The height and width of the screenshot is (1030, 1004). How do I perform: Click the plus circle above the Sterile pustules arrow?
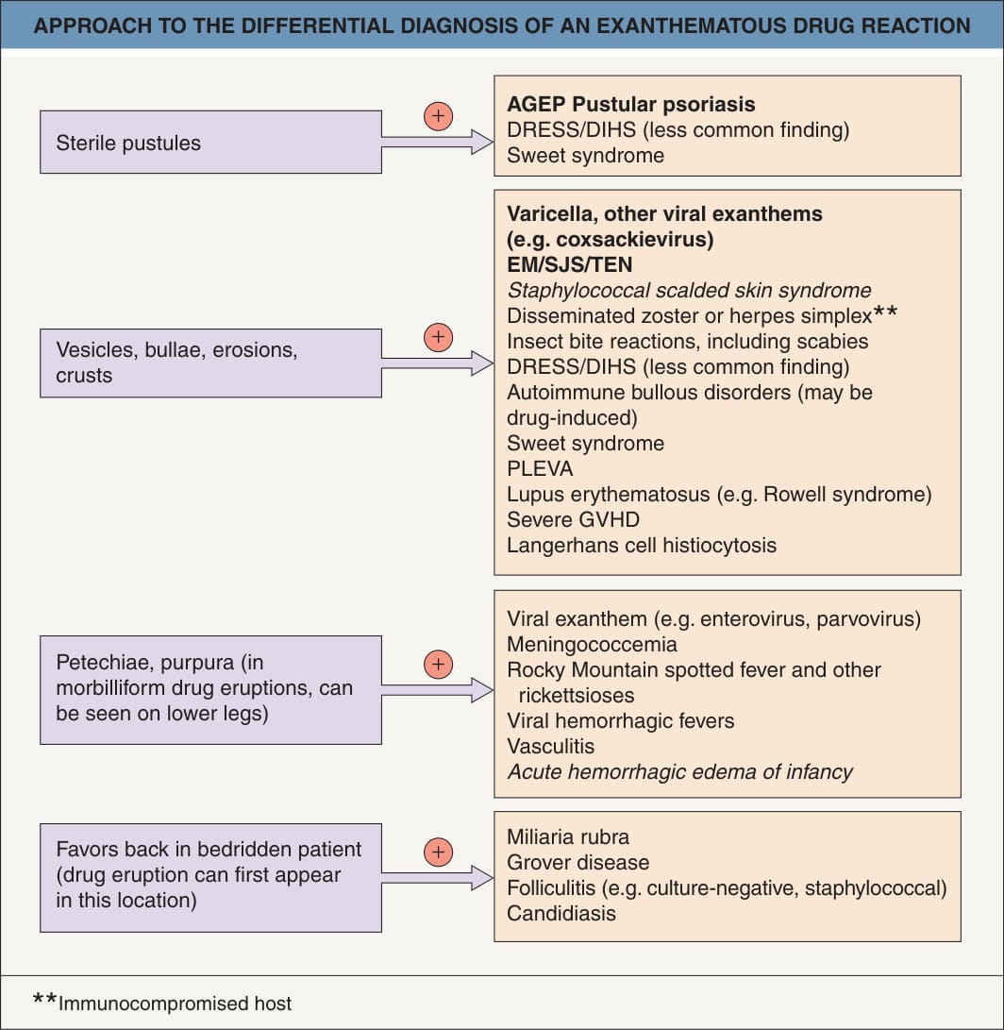[x=438, y=116]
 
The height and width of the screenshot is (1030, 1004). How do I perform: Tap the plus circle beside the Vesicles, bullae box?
[x=438, y=338]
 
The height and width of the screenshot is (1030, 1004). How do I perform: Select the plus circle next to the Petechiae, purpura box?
[x=438, y=664]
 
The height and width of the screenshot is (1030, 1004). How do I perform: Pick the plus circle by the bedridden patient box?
[x=438, y=852]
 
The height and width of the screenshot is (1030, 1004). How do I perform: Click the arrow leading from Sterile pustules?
[x=437, y=142]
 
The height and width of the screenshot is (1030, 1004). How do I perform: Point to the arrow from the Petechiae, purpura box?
[x=437, y=690]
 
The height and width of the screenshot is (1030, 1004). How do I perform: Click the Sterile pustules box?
[x=210, y=142]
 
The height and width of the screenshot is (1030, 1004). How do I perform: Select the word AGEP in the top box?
[x=536, y=105]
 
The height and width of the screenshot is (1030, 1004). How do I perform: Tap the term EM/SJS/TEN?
[x=569, y=264]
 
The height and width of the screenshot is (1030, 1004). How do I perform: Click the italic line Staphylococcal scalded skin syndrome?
[x=689, y=291]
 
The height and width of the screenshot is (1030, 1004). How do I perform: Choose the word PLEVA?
[x=540, y=469]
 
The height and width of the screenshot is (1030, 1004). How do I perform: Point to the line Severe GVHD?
[x=574, y=519]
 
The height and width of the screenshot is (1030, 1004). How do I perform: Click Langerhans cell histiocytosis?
[x=642, y=546]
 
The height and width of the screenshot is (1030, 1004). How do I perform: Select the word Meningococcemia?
[x=592, y=645]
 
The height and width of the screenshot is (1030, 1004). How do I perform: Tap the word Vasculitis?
[x=550, y=746]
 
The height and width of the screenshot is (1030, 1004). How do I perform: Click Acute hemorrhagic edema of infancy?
[x=679, y=772]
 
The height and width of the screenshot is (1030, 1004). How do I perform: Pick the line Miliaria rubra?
[x=568, y=836]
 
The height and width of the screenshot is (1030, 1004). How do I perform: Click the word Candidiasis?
[x=561, y=914]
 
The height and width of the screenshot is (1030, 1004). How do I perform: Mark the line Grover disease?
[x=577, y=863]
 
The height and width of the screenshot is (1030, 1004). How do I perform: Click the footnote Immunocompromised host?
[x=175, y=1004]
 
